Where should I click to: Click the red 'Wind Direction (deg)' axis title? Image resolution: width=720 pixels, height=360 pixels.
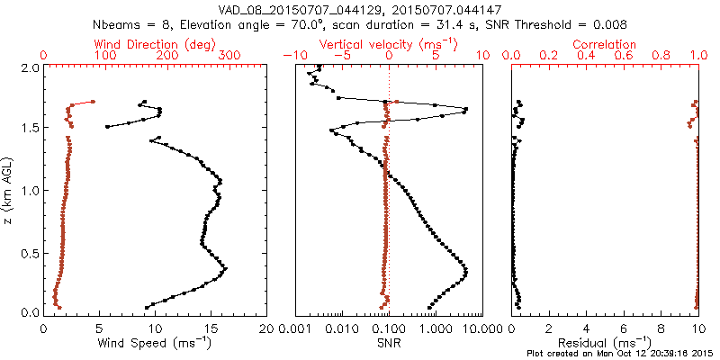(156, 44)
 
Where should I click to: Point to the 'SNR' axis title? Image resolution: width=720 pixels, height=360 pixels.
(389, 342)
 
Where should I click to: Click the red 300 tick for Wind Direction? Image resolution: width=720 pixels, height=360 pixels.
(229, 56)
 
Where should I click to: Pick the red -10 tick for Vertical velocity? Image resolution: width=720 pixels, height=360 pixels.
(292, 56)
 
